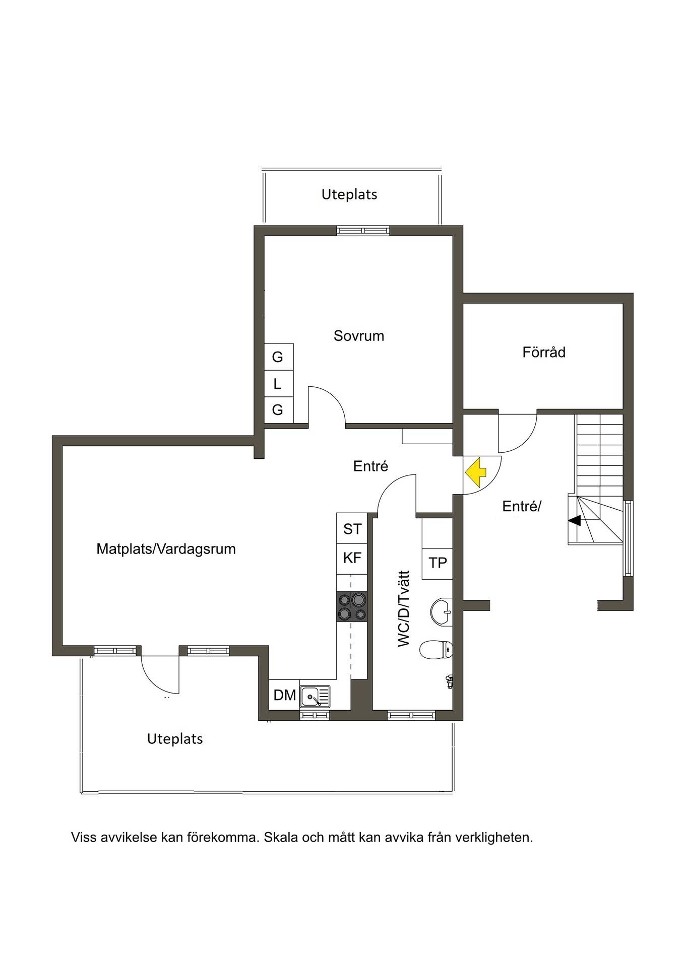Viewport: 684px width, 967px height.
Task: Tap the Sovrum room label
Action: coord(359,336)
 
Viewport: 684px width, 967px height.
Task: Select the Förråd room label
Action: coord(544,352)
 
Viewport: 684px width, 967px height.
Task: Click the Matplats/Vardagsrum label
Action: coord(166,548)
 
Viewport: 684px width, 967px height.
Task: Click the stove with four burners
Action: coord(351,606)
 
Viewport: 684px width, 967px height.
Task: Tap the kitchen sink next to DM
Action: coord(315,697)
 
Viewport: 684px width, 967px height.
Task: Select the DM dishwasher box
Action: coord(284,695)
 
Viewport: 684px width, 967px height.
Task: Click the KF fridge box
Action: coord(352,558)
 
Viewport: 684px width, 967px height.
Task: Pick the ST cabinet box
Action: coord(352,528)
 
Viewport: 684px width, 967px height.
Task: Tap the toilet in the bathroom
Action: coord(436,649)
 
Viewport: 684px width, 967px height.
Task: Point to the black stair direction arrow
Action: coord(574,521)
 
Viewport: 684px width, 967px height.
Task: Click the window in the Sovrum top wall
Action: coord(363,231)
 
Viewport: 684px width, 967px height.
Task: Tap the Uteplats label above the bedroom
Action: coord(349,194)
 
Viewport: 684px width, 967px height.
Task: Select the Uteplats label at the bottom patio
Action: coord(175,739)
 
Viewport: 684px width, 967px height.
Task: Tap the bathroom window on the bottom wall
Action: coord(411,714)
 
